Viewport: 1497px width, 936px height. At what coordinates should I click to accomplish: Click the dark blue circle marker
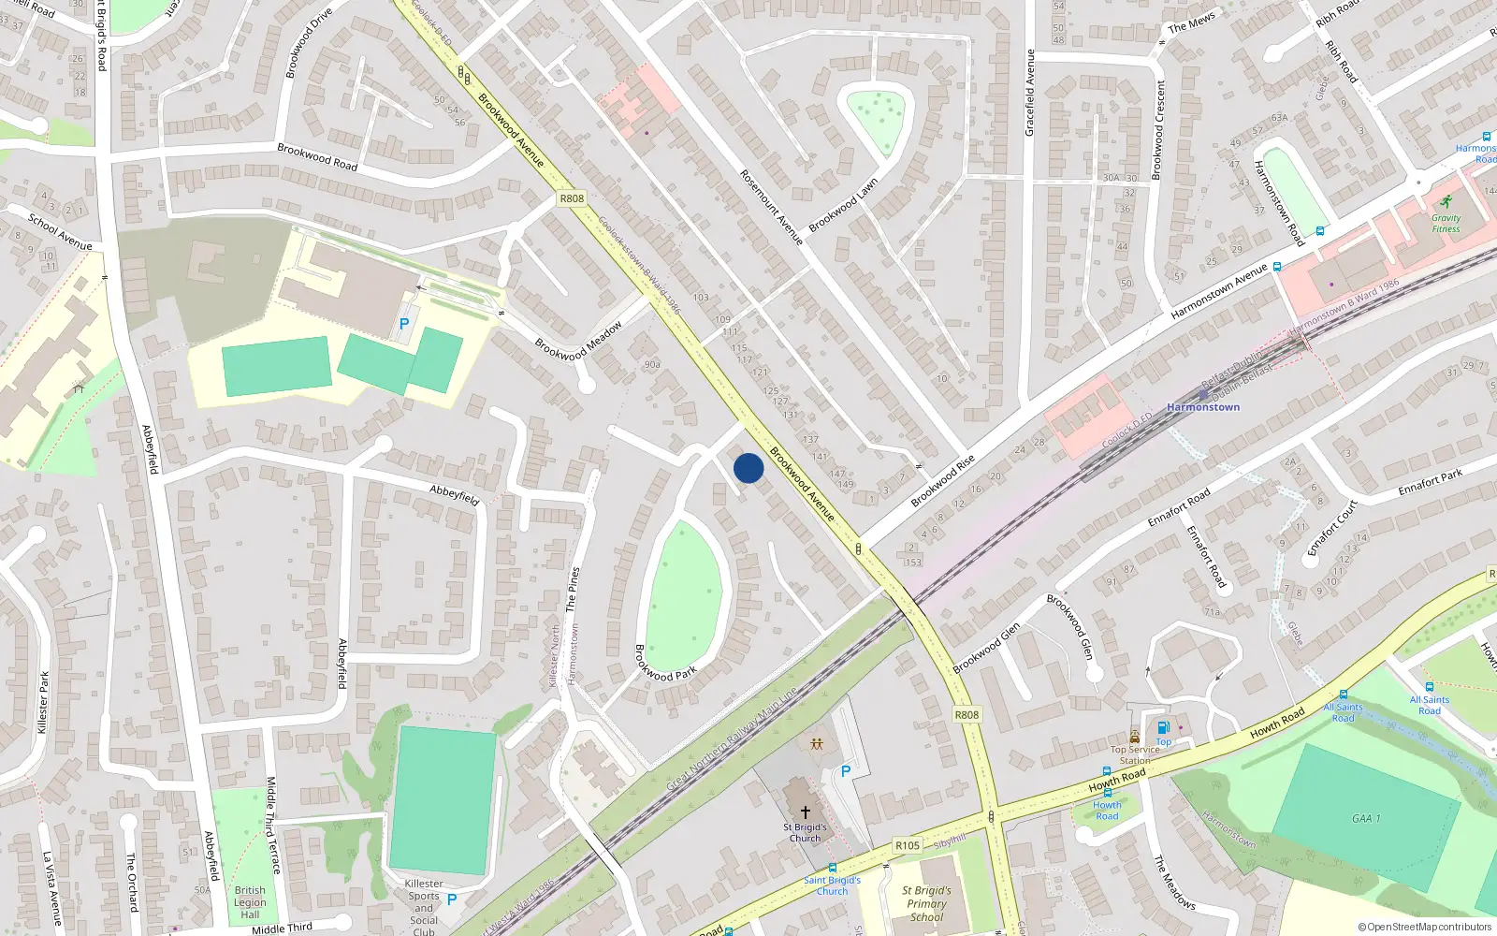tap(748, 468)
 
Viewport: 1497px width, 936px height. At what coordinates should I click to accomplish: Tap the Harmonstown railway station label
tap(1203, 407)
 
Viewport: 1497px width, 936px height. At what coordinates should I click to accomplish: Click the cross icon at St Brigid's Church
tap(805, 812)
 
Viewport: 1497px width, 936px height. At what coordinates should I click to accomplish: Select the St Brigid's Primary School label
tap(926, 903)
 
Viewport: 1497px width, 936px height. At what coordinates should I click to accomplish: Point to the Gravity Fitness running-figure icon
tap(1446, 202)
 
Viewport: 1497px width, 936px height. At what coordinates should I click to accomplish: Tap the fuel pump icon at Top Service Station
tap(1163, 727)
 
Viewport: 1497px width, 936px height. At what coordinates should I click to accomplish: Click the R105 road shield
tap(907, 845)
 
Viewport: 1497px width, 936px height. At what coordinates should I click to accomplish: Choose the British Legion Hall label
tap(250, 902)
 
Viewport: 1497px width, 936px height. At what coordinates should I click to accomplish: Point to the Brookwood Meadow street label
tap(578, 342)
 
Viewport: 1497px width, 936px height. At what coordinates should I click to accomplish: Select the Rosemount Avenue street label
tap(772, 207)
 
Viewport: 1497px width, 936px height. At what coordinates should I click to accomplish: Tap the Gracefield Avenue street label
tap(1030, 93)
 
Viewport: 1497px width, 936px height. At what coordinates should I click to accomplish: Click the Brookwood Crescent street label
tap(1159, 129)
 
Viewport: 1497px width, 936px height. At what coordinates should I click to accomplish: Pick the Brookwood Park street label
tap(666, 663)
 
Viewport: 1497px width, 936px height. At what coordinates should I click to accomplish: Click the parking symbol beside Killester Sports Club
tap(452, 899)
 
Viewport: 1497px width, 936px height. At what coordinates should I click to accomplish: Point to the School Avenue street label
tap(60, 231)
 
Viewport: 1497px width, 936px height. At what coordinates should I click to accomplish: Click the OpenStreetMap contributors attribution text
tap(1425, 927)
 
